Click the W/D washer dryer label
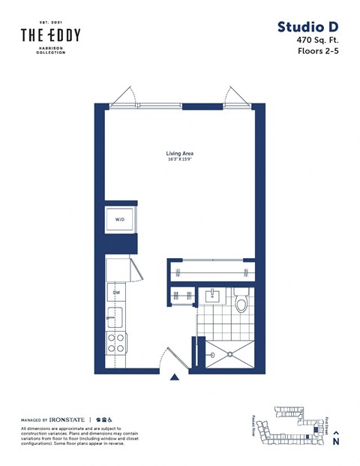119,220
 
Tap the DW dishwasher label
116,293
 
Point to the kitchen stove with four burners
116,343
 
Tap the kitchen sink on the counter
115,315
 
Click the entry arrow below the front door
175,378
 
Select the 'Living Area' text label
180,153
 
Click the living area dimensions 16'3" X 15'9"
180,160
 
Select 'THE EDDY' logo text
50,35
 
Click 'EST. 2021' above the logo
50,22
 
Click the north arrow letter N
336,442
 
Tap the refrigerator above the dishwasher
116,269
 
